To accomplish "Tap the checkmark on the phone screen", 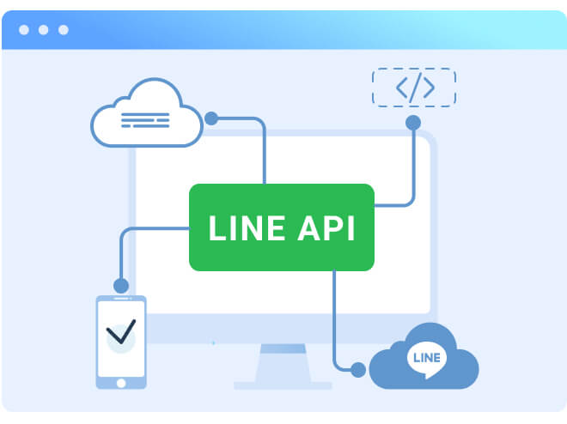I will coord(120,333).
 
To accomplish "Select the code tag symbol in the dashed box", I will coord(414,88).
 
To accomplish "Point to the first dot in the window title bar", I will coord(24,30).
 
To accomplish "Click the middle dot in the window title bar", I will coord(43,30).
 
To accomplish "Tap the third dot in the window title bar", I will coord(63,30).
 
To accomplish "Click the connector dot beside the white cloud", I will coord(210,118).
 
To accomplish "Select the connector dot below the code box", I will coord(413,123).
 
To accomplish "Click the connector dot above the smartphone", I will coord(120,285).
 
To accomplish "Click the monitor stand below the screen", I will coord(283,366).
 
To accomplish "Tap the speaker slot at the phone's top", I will coord(120,302).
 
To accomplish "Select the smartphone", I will coord(120,342).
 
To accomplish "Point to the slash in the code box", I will coord(414,88).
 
